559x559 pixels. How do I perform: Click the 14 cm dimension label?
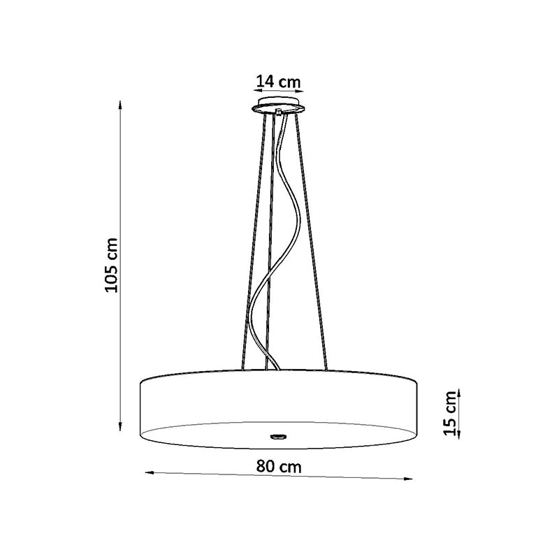click(x=278, y=82)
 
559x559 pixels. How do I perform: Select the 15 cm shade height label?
click(x=449, y=413)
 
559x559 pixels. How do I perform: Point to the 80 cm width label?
click(x=279, y=466)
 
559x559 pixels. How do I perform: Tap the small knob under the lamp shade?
click(x=278, y=435)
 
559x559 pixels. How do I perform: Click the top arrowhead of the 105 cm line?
click(x=121, y=105)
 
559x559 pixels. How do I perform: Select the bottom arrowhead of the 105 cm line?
click(x=121, y=427)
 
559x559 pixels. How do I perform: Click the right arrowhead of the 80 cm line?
click(x=408, y=479)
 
